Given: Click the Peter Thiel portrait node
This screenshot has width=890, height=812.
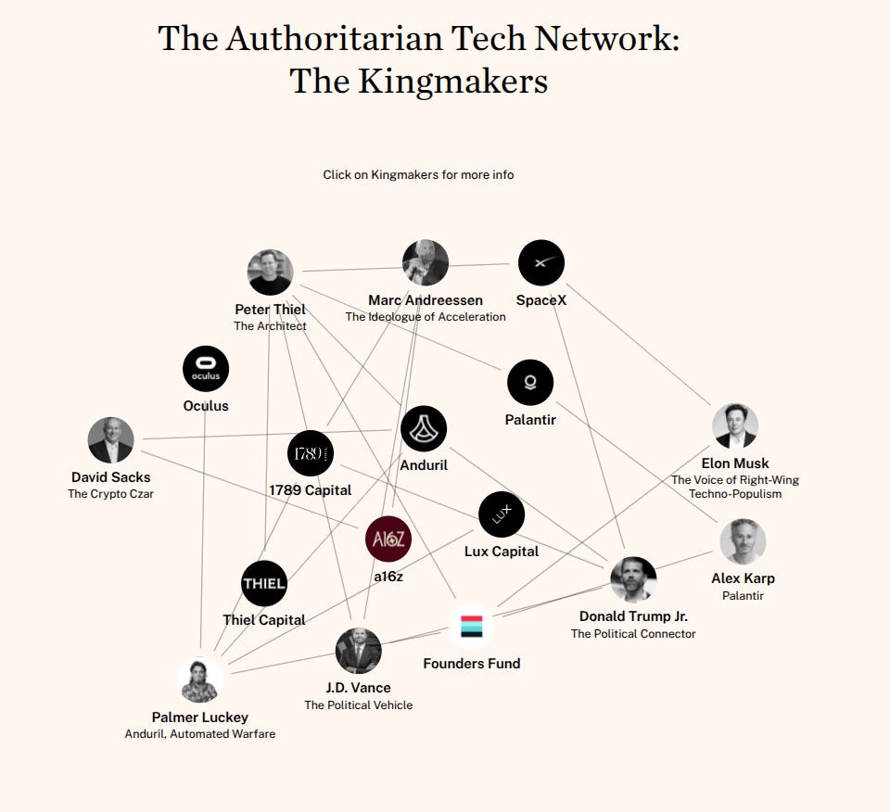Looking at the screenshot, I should point(271,273).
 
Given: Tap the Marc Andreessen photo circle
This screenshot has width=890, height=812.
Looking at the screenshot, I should point(426,263).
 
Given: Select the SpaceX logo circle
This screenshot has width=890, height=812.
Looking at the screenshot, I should point(541,263).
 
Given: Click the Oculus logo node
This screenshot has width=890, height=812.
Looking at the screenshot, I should point(206,369).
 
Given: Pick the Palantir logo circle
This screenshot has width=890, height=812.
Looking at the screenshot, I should point(530,383).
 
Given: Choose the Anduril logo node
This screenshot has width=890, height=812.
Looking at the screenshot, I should point(424,429).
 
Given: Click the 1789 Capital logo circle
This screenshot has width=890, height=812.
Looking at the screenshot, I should point(310,453).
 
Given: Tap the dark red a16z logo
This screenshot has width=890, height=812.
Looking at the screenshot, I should point(388,539).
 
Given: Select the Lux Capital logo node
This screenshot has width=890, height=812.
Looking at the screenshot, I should point(502,514).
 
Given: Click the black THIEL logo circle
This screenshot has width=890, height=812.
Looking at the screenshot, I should point(264,584).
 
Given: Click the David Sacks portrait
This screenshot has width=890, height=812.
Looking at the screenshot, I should point(111,440).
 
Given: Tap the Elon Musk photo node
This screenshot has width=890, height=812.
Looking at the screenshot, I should point(735,426).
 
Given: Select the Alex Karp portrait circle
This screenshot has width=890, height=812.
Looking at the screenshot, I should point(743,541).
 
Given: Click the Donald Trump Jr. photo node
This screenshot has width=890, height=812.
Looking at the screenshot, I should point(633,580).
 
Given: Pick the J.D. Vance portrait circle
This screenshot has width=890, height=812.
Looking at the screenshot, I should point(359,651).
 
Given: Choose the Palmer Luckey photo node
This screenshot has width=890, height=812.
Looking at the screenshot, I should point(200,680).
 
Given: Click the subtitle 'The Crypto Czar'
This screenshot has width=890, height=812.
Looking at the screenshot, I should point(110,494).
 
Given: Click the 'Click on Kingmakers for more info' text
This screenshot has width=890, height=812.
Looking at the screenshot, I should point(418,174).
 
